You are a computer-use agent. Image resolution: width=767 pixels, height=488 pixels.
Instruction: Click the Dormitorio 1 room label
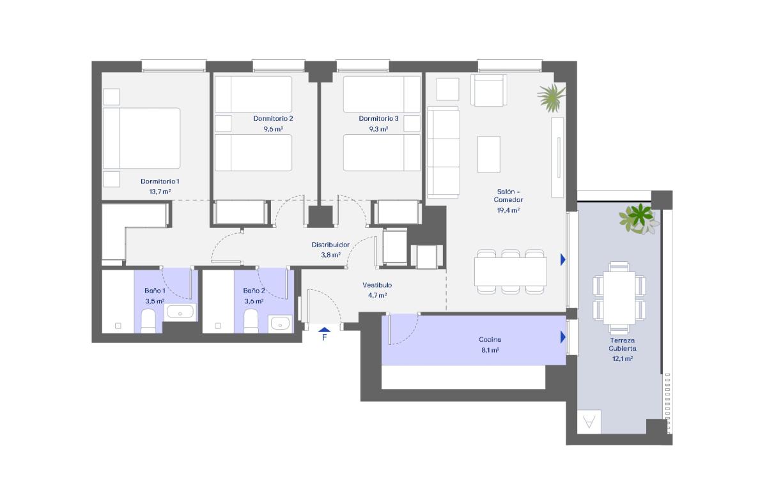[160, 181]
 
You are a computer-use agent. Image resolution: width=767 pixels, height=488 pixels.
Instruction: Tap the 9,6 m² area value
[274, 129]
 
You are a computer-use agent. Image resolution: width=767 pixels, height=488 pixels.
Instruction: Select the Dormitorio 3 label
[378, 118]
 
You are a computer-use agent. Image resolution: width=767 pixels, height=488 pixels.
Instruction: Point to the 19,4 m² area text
[508, 210]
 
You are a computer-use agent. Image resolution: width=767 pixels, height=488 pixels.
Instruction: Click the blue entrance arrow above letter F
[324, 330]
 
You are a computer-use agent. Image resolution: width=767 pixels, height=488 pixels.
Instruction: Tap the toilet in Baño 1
[148, 321]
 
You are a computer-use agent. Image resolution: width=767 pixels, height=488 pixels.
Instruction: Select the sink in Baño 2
[280, 323]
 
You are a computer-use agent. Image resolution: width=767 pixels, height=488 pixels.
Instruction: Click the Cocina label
[490, 339]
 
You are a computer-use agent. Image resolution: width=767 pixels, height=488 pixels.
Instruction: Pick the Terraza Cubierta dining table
[619, 298]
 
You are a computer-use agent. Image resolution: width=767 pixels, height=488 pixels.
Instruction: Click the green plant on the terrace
[639, 219]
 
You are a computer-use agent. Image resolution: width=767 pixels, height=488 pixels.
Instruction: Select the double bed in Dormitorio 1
[141, 138]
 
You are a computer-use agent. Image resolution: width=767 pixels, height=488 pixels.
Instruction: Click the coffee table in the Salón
[488, 155]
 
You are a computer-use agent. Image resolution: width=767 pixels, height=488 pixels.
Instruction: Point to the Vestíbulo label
[377, 285]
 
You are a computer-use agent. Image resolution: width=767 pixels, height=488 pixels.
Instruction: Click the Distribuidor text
[330, 245]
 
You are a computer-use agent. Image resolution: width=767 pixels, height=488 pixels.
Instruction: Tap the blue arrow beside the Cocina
[562, 337]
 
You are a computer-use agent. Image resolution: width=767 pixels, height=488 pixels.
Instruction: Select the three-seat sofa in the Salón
[443, 152]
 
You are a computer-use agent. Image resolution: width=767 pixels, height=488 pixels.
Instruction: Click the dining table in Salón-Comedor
[510, 271]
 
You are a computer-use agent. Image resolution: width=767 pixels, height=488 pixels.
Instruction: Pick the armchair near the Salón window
[488, 90]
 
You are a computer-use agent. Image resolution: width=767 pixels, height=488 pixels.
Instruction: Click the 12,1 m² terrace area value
[622, 358]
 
